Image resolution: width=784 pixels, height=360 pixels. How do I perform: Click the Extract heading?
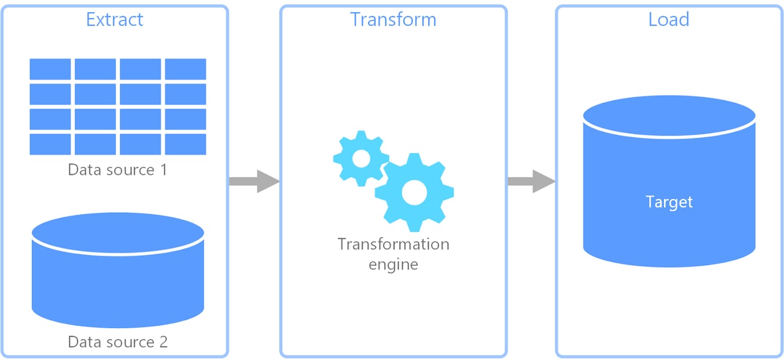pos(115,19)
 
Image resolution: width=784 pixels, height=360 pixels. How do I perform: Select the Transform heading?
pos(393,19)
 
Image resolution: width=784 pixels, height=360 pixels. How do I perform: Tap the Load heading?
pos(668,19)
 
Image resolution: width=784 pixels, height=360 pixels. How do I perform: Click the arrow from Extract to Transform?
pos(254,181)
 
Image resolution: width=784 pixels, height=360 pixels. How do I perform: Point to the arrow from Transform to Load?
pos(531,181)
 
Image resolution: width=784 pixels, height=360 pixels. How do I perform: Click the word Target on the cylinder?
pos(669,201)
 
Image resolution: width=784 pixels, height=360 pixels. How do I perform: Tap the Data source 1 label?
pos(118,169)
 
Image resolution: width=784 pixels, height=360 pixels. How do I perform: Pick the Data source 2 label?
pos(118,342)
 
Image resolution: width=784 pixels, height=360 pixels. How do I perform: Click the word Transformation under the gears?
pos(393,244)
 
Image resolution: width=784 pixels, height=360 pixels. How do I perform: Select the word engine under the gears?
pos(393,264)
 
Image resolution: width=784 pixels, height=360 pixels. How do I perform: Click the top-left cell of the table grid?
pos(51,69)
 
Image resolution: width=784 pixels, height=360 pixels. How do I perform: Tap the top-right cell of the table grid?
pos(186,69)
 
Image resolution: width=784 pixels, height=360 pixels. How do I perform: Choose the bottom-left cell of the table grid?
pos(51,144)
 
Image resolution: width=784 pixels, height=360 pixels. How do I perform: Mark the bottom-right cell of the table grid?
pos(186,144)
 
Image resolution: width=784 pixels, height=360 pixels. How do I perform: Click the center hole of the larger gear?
pos(414,192)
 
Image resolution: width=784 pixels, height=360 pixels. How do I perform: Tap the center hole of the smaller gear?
pos(361,159)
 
